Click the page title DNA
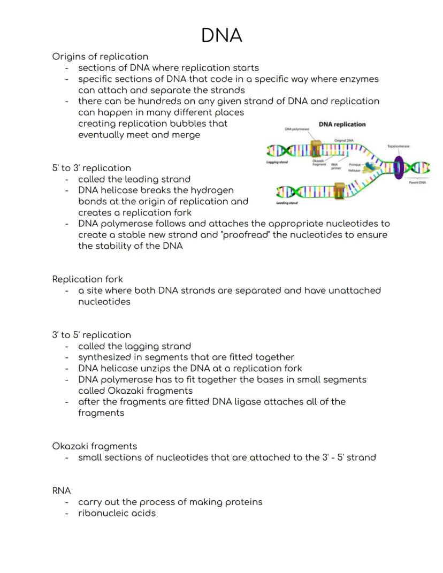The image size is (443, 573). [x=222, y=35]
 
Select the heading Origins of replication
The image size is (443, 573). [x=100, y=56]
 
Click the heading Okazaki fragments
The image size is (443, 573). [x=94, y=446]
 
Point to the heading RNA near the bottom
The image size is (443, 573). [x=62, y=490]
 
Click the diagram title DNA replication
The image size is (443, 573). [x=342, y=124]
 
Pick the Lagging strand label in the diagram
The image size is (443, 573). [x=278, y=162]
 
